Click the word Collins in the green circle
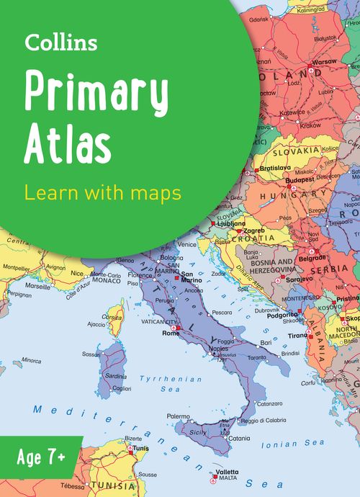[x=61, y=43]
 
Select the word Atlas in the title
[x=68, y=143]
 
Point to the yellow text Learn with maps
[x=102, y=193]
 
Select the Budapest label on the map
[x=300, y=180]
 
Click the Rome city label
[x=171, y=333]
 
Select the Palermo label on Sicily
[x=179, y=416]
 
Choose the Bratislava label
[x=274, y=168]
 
